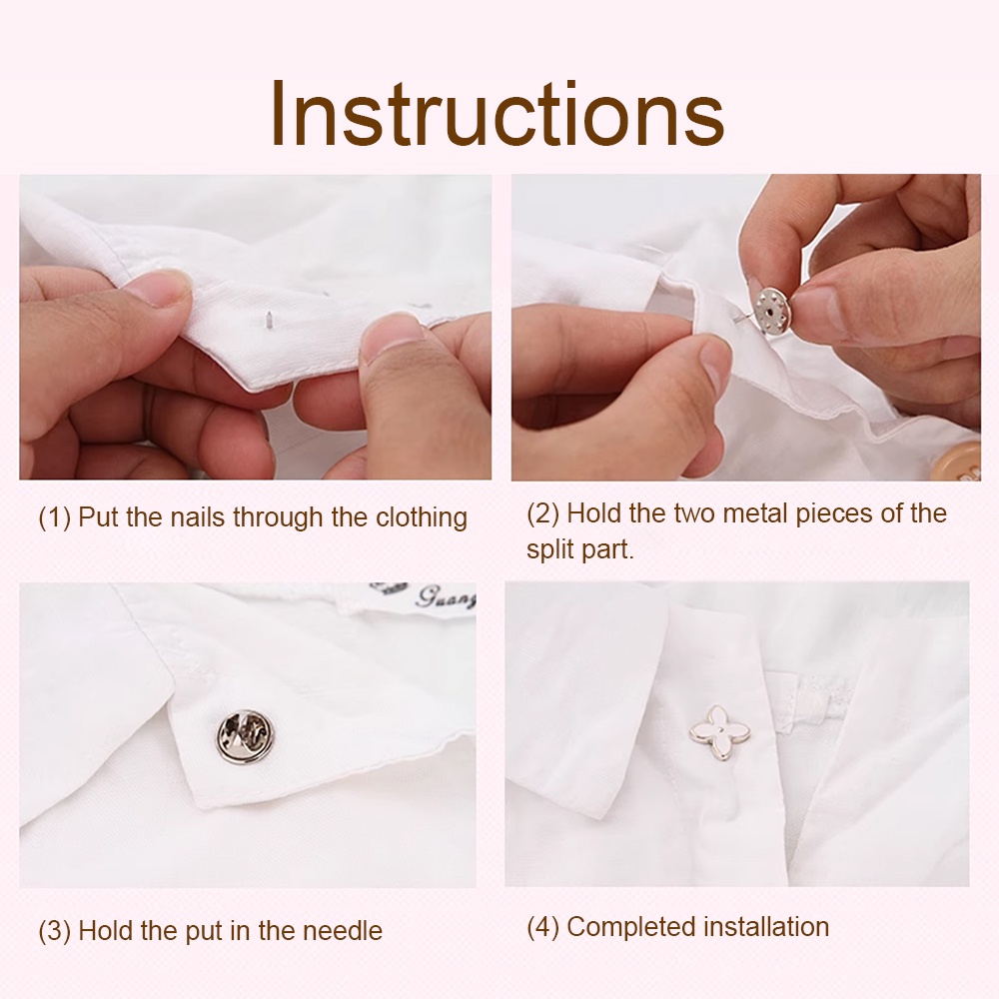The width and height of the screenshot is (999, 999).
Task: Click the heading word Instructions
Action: pyautogui.click(x=497, y=114)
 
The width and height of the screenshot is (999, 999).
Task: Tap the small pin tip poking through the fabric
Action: pyautogui.click(x=269, y=317)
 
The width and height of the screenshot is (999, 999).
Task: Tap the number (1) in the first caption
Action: pyautogui.click(x=54, y=517)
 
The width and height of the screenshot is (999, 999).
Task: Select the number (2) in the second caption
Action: pyautogui.click(x=542, y=513)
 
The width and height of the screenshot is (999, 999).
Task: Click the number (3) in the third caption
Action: pyautogui.click(x=54, y=931)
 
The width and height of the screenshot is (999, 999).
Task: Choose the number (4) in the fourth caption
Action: pyautogui.click(x=542, y=927)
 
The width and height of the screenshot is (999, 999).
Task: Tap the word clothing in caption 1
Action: pyautogui.click(x=422, y=517)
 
